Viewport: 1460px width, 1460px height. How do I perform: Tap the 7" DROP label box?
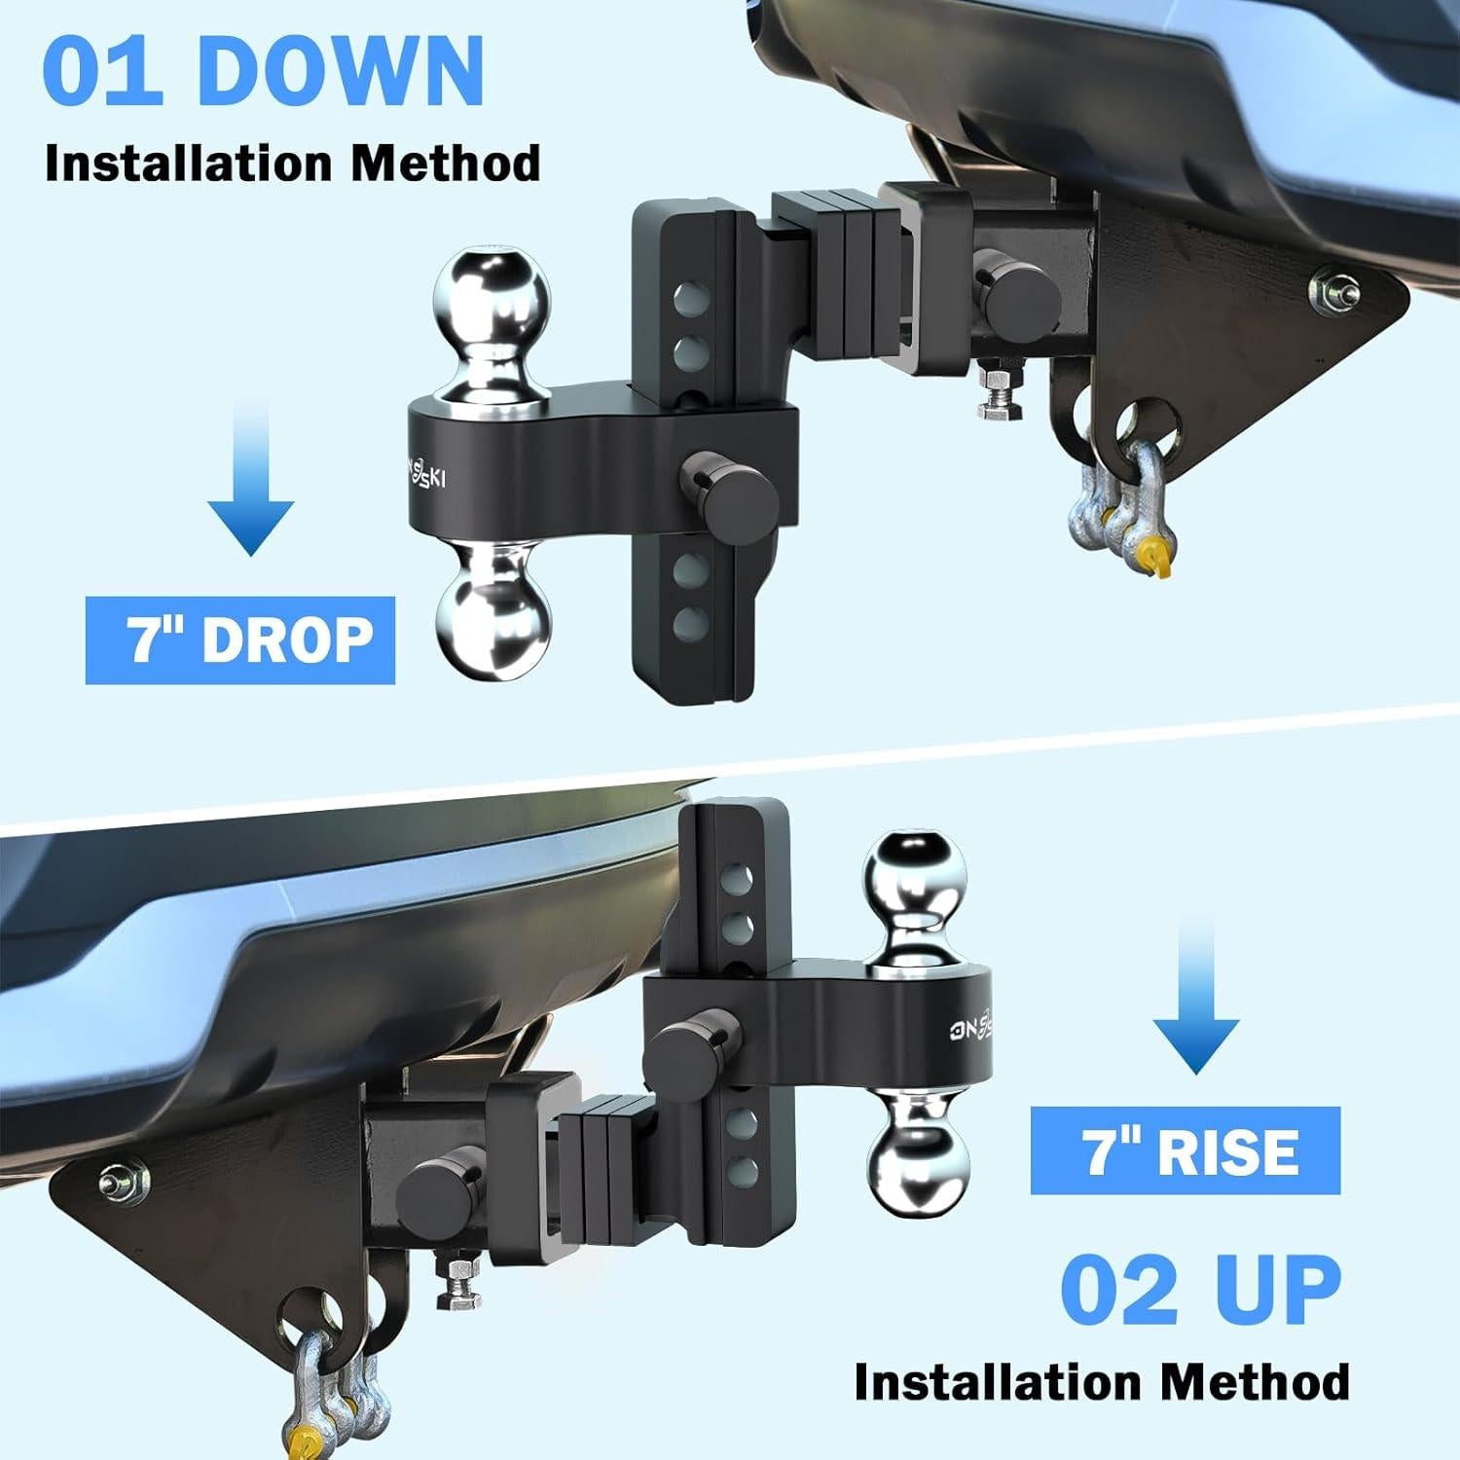240,640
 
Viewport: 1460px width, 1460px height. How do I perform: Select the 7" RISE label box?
1185,1150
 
